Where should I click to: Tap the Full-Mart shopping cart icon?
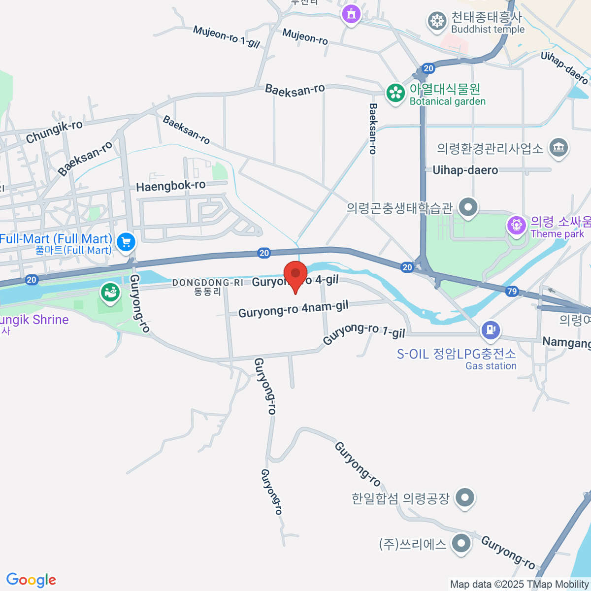127,241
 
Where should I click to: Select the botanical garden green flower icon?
395,93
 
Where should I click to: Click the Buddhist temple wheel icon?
436,22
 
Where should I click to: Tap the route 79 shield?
512,291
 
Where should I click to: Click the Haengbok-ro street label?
170,186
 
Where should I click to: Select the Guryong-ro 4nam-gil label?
294,309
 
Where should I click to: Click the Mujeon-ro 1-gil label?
226,36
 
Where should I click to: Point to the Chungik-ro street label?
54,131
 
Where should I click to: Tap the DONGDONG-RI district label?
207,283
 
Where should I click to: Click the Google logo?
31,580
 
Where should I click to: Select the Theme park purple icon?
516,226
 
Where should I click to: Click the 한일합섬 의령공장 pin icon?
464,497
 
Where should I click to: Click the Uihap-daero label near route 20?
465,170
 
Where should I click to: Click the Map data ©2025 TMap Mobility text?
519,584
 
